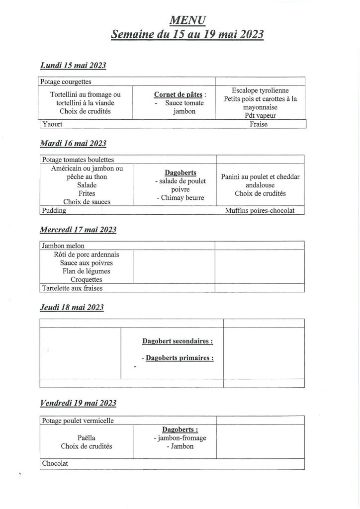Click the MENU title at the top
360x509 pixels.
187,20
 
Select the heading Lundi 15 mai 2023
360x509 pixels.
73,66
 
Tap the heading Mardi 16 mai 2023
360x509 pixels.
73,143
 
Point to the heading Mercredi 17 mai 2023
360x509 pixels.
78,230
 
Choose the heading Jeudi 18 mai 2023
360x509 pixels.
72,307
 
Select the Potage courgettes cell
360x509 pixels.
66,82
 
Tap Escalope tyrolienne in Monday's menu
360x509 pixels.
260,90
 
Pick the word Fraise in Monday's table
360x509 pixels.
259,124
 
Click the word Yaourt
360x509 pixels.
51,124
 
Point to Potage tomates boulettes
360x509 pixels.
77,160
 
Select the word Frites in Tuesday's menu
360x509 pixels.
87,193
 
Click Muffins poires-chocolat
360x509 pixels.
260,211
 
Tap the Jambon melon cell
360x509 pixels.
63,246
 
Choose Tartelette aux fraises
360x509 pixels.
72,288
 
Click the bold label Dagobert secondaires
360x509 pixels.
178,341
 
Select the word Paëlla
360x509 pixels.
87,437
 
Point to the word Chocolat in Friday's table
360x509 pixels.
55,463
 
